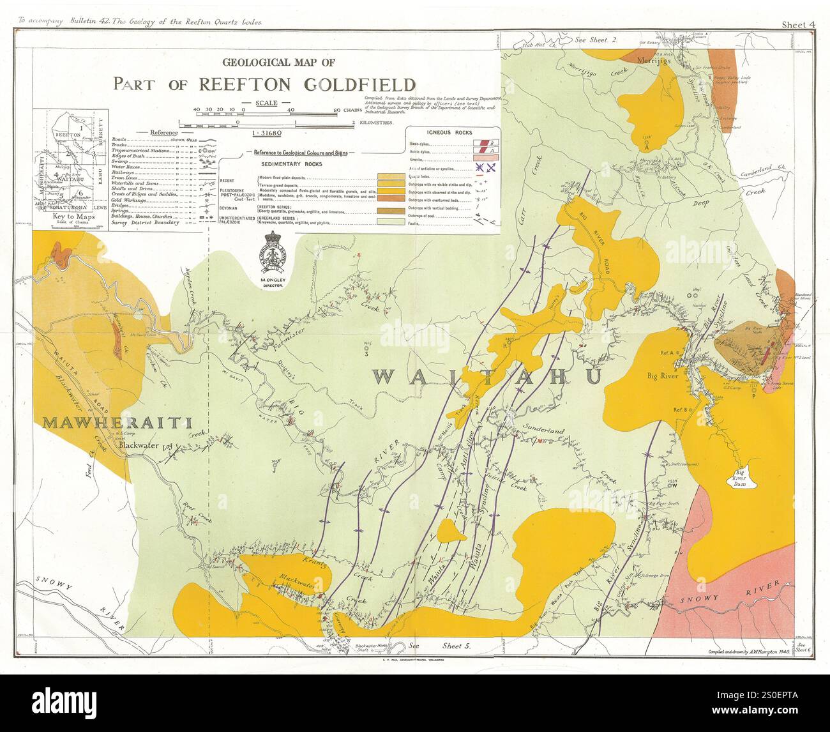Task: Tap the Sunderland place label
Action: tap(543, 431)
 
